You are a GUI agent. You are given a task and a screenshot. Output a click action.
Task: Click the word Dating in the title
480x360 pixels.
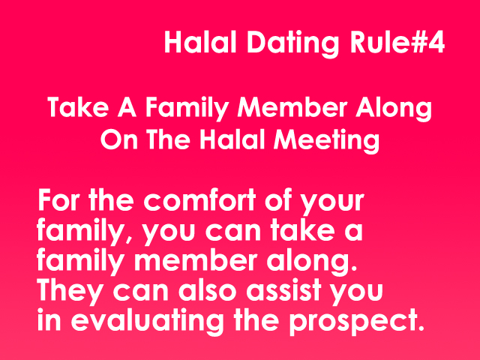tap(292, 43)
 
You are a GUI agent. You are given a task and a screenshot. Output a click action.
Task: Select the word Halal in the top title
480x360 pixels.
tap(200, 42)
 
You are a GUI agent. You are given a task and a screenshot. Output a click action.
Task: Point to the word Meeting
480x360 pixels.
tap(326, 140)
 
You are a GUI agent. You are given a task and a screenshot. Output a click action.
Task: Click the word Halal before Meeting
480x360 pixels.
tap(232, 139)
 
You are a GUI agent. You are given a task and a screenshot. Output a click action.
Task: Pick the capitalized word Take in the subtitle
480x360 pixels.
tap(78, 107)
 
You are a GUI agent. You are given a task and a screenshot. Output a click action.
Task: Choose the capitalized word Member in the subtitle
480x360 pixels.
tap(292, 107)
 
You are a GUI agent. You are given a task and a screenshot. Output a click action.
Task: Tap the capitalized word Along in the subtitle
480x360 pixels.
tap(393, 109)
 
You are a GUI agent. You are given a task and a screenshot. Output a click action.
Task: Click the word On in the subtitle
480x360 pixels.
tap(119, 139)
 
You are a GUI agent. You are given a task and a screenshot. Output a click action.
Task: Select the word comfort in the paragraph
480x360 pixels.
tap(199, 200)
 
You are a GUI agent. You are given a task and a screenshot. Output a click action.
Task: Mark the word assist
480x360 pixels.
tap(283, 290)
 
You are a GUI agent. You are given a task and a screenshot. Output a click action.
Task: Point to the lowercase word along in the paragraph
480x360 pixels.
tap(311, 262)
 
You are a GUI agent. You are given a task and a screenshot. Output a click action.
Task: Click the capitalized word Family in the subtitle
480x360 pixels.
tap(187, 109)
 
